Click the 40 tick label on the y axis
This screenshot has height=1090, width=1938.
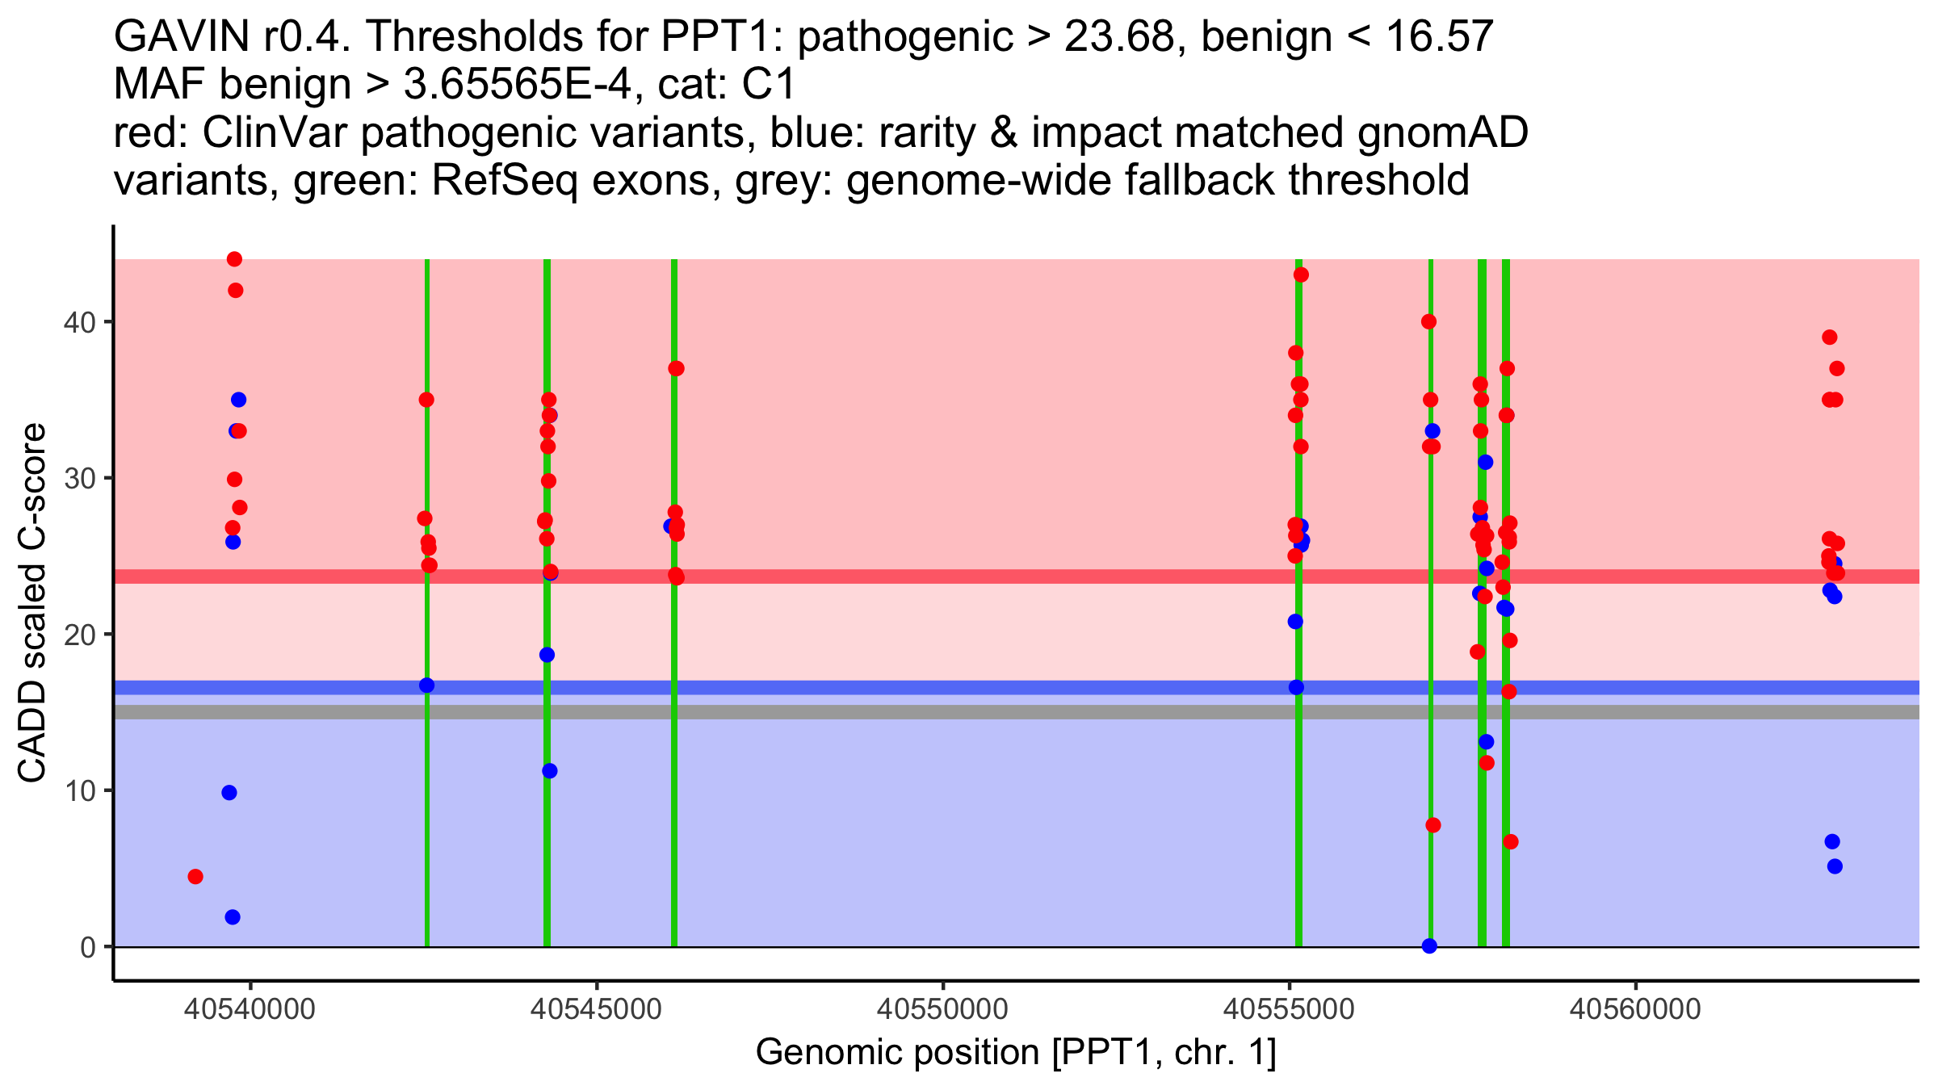point(78,322)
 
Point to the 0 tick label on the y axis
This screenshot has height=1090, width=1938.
point(87,947)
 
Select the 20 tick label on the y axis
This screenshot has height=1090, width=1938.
point(78,635)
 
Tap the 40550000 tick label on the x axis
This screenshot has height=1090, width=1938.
point(943,1009)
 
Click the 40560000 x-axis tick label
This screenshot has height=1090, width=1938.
point(1636,1009)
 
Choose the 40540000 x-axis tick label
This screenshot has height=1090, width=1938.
point(250,1009)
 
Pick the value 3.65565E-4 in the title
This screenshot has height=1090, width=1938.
point(517,85)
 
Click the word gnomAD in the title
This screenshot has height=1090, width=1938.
point(1442,132)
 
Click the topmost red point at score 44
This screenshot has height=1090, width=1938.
point(234,259)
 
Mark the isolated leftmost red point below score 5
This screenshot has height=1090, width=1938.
point(195,877)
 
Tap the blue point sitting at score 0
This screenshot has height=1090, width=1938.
point(1429,945)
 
